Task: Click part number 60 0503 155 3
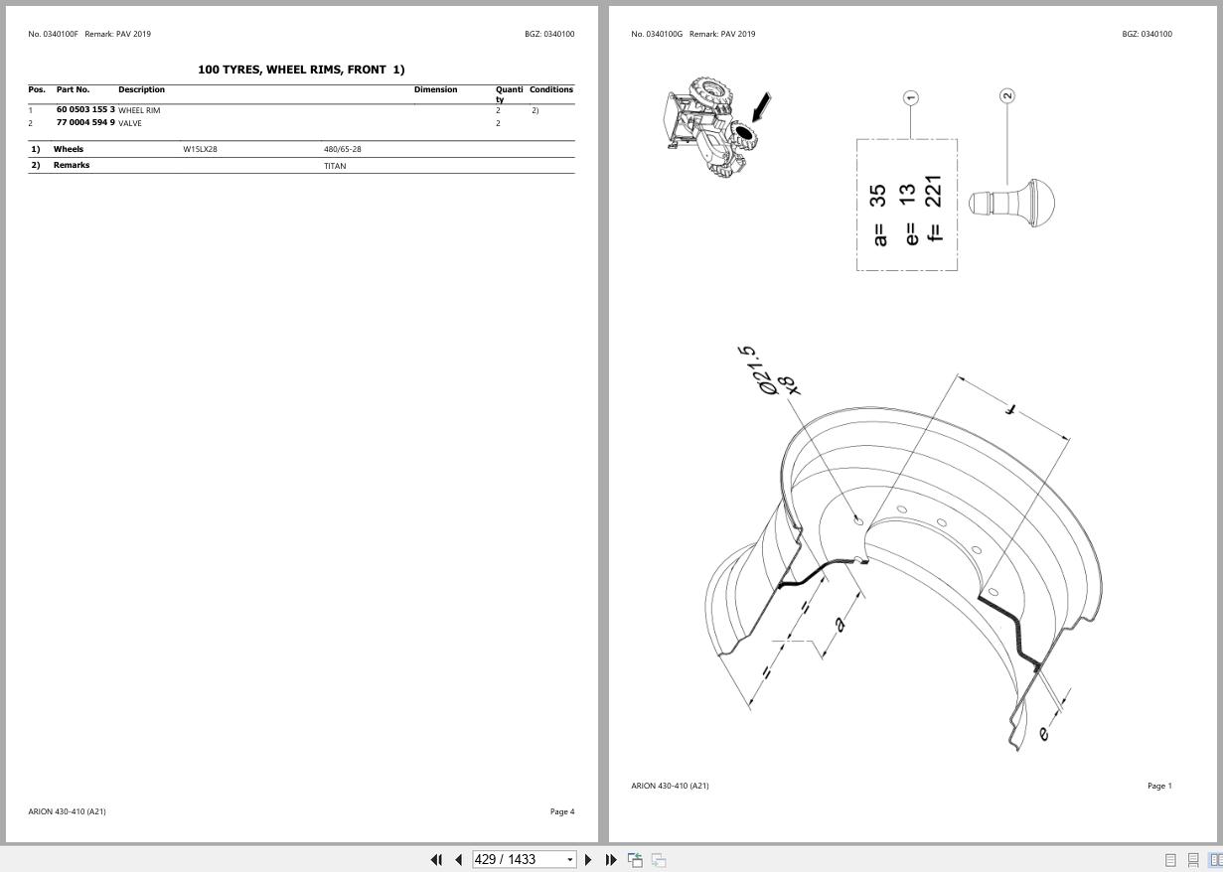click(x=85, y=109)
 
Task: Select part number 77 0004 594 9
click(x=85, y=123)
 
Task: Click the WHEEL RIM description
click(x=139, y=110)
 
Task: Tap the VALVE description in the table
click(x=130, y=123)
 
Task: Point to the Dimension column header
click(x=435, y=89)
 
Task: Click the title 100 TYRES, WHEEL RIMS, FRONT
click(x=301, y=70)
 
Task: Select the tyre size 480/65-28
click(x=342, y=149)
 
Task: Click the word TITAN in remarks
click(x=335, y=166)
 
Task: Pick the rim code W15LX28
click(x=200, y=149)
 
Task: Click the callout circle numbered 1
click(x=911, y=97)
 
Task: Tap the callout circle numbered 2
click(x=1007, y=95)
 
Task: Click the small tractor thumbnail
click(x=707, y=127)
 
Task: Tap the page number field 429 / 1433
click(x=523, y=859)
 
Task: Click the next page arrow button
click(x=588, y=859)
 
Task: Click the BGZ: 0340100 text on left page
click(x=548, y=34)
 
